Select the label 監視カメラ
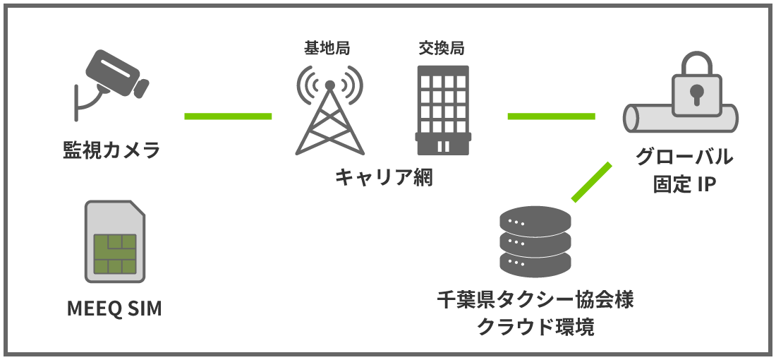coord(112,150)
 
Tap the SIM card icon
coord(114,241)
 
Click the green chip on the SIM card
coord(114,253)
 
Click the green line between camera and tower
coord(228,116)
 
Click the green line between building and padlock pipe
coord(551,116)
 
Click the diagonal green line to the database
coord(591,181)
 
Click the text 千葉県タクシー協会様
coord(535,299)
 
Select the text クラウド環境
coord(535,327)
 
